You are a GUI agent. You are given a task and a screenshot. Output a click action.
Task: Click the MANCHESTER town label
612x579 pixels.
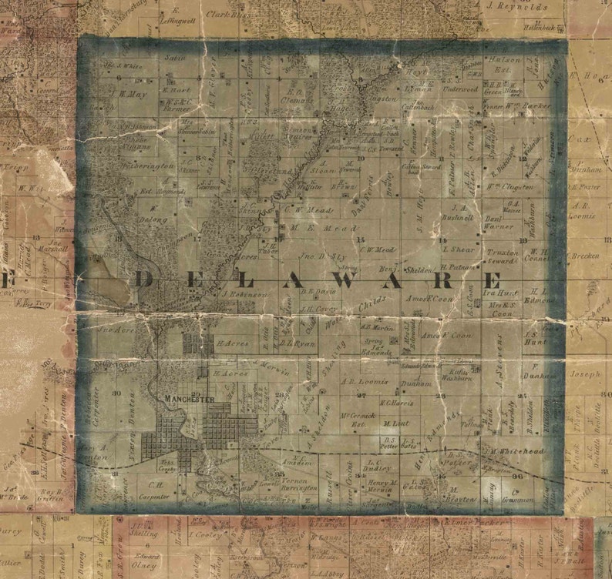point(189,398)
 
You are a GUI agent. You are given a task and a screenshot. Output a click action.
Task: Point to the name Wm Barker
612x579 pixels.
point(536,103)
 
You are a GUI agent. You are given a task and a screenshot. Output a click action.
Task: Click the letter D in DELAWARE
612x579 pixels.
point(144,279)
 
